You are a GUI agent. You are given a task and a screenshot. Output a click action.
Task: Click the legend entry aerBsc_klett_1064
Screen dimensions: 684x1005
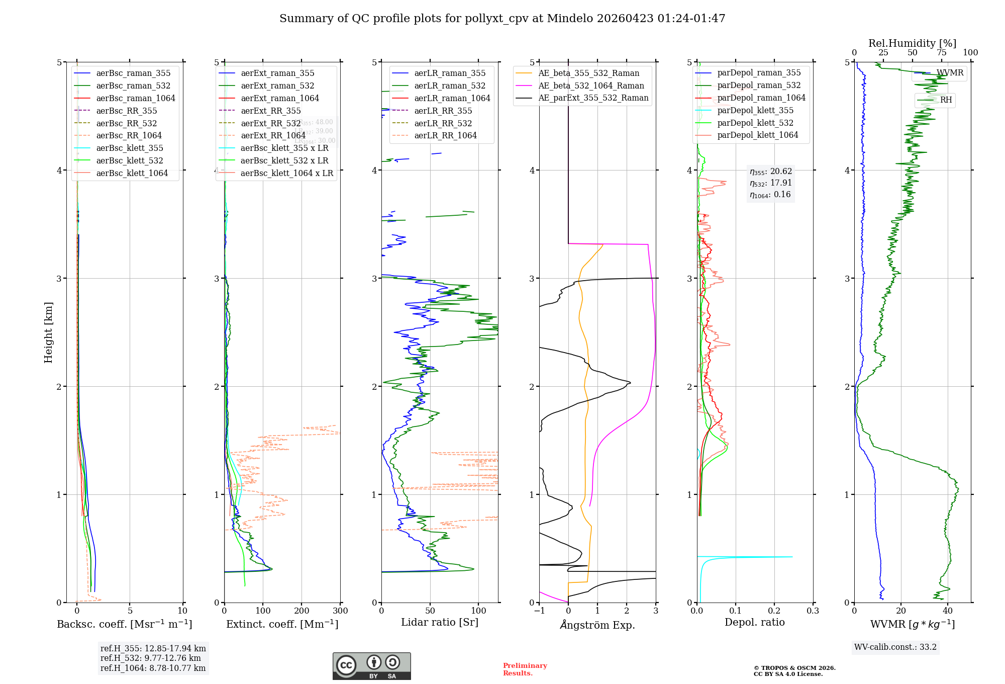[132, 173]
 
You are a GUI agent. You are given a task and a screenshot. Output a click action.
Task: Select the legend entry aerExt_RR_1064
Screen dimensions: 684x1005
[273, 135]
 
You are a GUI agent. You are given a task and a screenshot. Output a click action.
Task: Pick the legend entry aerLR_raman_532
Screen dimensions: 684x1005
[449, 85]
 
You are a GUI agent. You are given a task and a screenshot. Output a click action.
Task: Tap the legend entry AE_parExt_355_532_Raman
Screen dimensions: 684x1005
[593, 98]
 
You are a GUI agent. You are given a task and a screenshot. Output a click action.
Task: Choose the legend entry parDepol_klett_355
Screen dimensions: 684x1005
[755, 110]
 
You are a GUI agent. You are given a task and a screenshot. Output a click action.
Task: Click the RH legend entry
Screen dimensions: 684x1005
[946, 100]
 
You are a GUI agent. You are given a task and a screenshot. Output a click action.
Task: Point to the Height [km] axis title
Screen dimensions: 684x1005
[48, 332]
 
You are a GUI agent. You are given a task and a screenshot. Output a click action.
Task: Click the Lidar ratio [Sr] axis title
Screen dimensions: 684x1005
[439, 622]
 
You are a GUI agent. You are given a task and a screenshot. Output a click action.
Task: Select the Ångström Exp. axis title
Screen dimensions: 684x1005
[597, 625]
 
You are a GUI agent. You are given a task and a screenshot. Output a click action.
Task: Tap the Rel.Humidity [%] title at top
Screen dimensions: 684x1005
[912, 43]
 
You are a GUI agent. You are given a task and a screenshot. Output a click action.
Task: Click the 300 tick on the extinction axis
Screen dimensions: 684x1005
[340, 611]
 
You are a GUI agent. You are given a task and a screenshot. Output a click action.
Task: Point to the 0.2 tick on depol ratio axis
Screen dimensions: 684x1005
[774, 611]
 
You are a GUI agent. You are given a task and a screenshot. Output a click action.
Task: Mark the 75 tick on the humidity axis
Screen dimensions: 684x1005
[941, 52]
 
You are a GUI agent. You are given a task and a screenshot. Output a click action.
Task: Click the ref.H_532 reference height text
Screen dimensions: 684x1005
[150, 658]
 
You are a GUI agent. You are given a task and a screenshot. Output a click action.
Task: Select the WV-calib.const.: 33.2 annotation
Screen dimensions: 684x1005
[895, 647]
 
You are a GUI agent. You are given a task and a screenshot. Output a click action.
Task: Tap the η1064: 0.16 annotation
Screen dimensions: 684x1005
[770, 194]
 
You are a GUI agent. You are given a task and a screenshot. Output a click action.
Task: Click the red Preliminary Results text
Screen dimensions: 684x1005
[525, 669]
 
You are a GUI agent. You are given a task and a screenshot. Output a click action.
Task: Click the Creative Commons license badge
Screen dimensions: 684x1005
[371, 666]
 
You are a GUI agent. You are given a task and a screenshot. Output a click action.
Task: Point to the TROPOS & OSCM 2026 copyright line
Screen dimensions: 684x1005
[794, 668]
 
